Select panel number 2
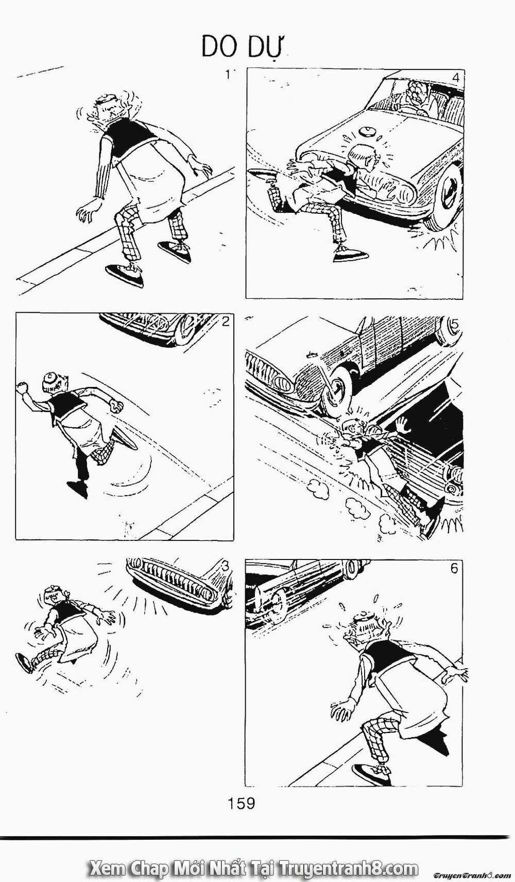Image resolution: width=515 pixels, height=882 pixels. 225,323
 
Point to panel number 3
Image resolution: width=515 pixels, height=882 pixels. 225,566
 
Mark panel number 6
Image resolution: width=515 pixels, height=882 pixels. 454,569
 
